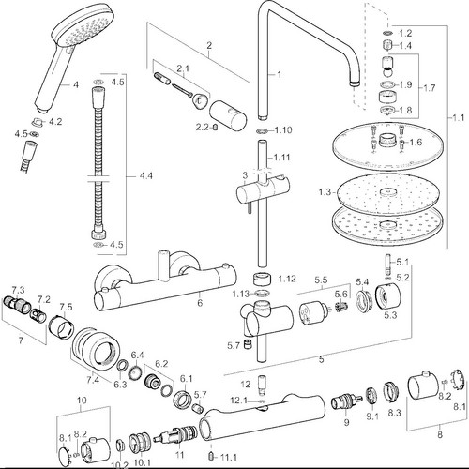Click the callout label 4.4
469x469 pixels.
coord(145,176)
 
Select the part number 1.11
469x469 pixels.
coord(281,157)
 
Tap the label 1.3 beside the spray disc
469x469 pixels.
coord(325,192)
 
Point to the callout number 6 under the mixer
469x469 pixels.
coord(200,303)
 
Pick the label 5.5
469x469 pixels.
coord(321,280)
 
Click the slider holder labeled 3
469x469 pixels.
coord(262,190)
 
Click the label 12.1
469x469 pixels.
coord(239,401)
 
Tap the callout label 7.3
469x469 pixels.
coord(18,290)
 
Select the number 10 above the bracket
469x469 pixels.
coord(82,401)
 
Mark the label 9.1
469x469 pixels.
coord(372,416)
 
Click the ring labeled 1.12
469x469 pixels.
coord(261,279)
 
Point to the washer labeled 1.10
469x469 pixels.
coord(262,130)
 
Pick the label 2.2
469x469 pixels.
coord(203,128)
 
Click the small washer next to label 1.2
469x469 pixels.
coord(387,33)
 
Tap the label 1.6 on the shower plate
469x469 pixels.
coord(416,143)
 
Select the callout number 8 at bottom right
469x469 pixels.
coord(440,434)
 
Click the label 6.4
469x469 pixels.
coord(137,356)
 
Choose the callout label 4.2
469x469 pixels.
coord(55,122)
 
